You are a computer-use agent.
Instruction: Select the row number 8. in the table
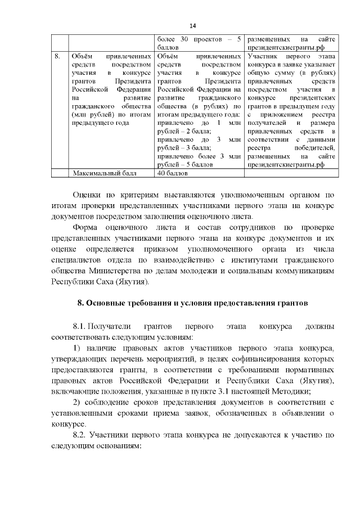pos(57,57)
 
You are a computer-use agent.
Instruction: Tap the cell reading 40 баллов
pos(169,173)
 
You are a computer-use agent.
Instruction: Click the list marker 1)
pos(77,348)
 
